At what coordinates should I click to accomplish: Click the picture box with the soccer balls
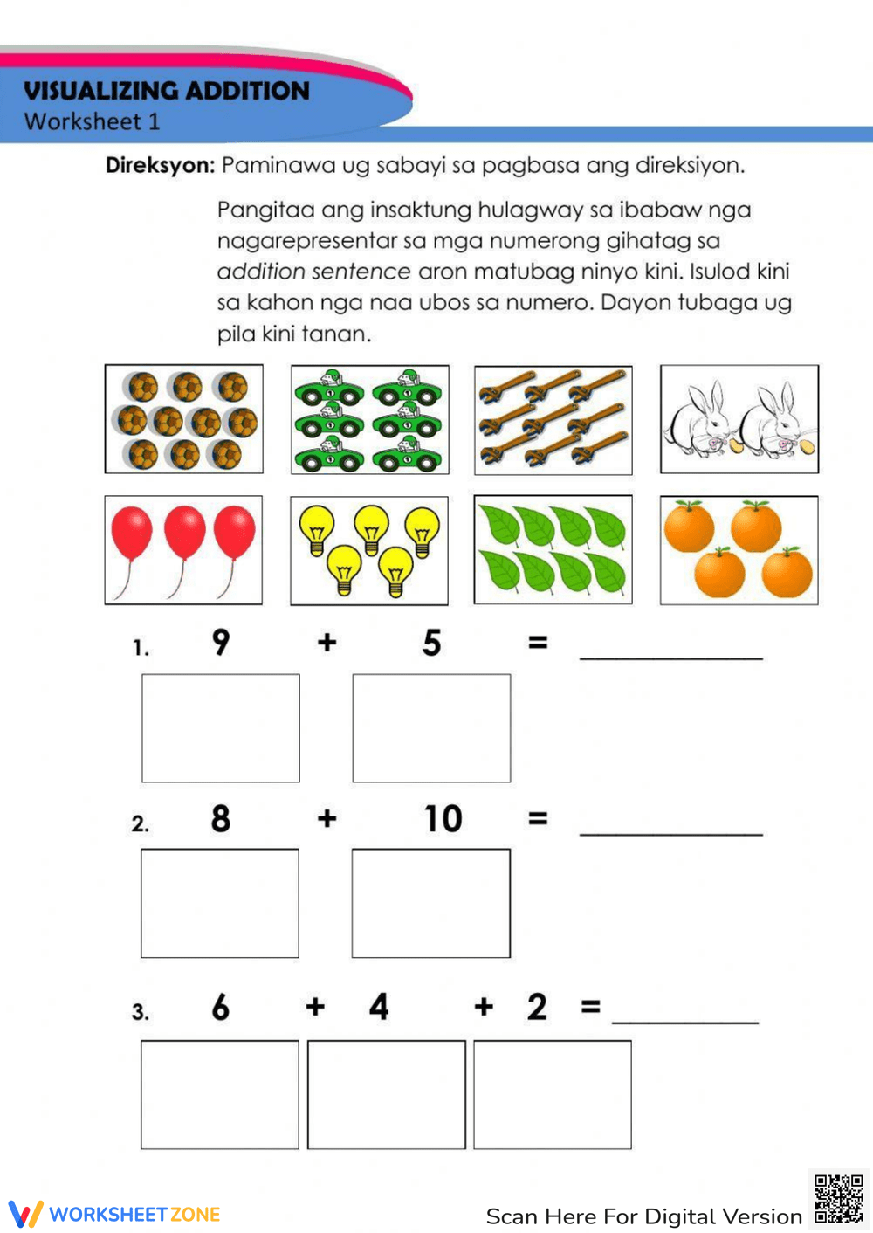(x=183, y=419)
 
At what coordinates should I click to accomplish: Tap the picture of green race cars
(x=369, y=420)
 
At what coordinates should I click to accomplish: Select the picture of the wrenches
(x=553, y=420)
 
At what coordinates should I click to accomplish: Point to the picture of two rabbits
(x=739, y=419)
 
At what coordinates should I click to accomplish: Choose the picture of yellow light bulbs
(x=368, y=551)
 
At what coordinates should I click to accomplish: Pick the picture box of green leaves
(x=553, y=549)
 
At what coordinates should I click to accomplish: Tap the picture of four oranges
(x=739, y=550)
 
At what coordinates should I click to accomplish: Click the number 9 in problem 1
(x=221, y=643)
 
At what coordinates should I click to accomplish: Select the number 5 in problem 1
(x=431, y=644)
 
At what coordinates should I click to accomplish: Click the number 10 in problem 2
(x=443, y=819)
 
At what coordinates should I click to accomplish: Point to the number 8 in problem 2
(x=221, y=819)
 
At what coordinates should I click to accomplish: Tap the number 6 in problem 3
(x=221, y=1008)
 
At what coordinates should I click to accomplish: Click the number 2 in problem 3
(x=537, y=1007)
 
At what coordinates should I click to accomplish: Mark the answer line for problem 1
(x=670, y=655)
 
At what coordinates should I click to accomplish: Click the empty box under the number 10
(x=430, y=903)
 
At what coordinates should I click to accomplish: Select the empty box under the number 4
(x=386, y=1094)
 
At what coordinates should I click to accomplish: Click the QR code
(x=838, y=1199)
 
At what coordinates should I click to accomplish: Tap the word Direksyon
(x=160, y=165)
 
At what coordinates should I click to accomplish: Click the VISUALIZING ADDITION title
(x=167, y=91)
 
